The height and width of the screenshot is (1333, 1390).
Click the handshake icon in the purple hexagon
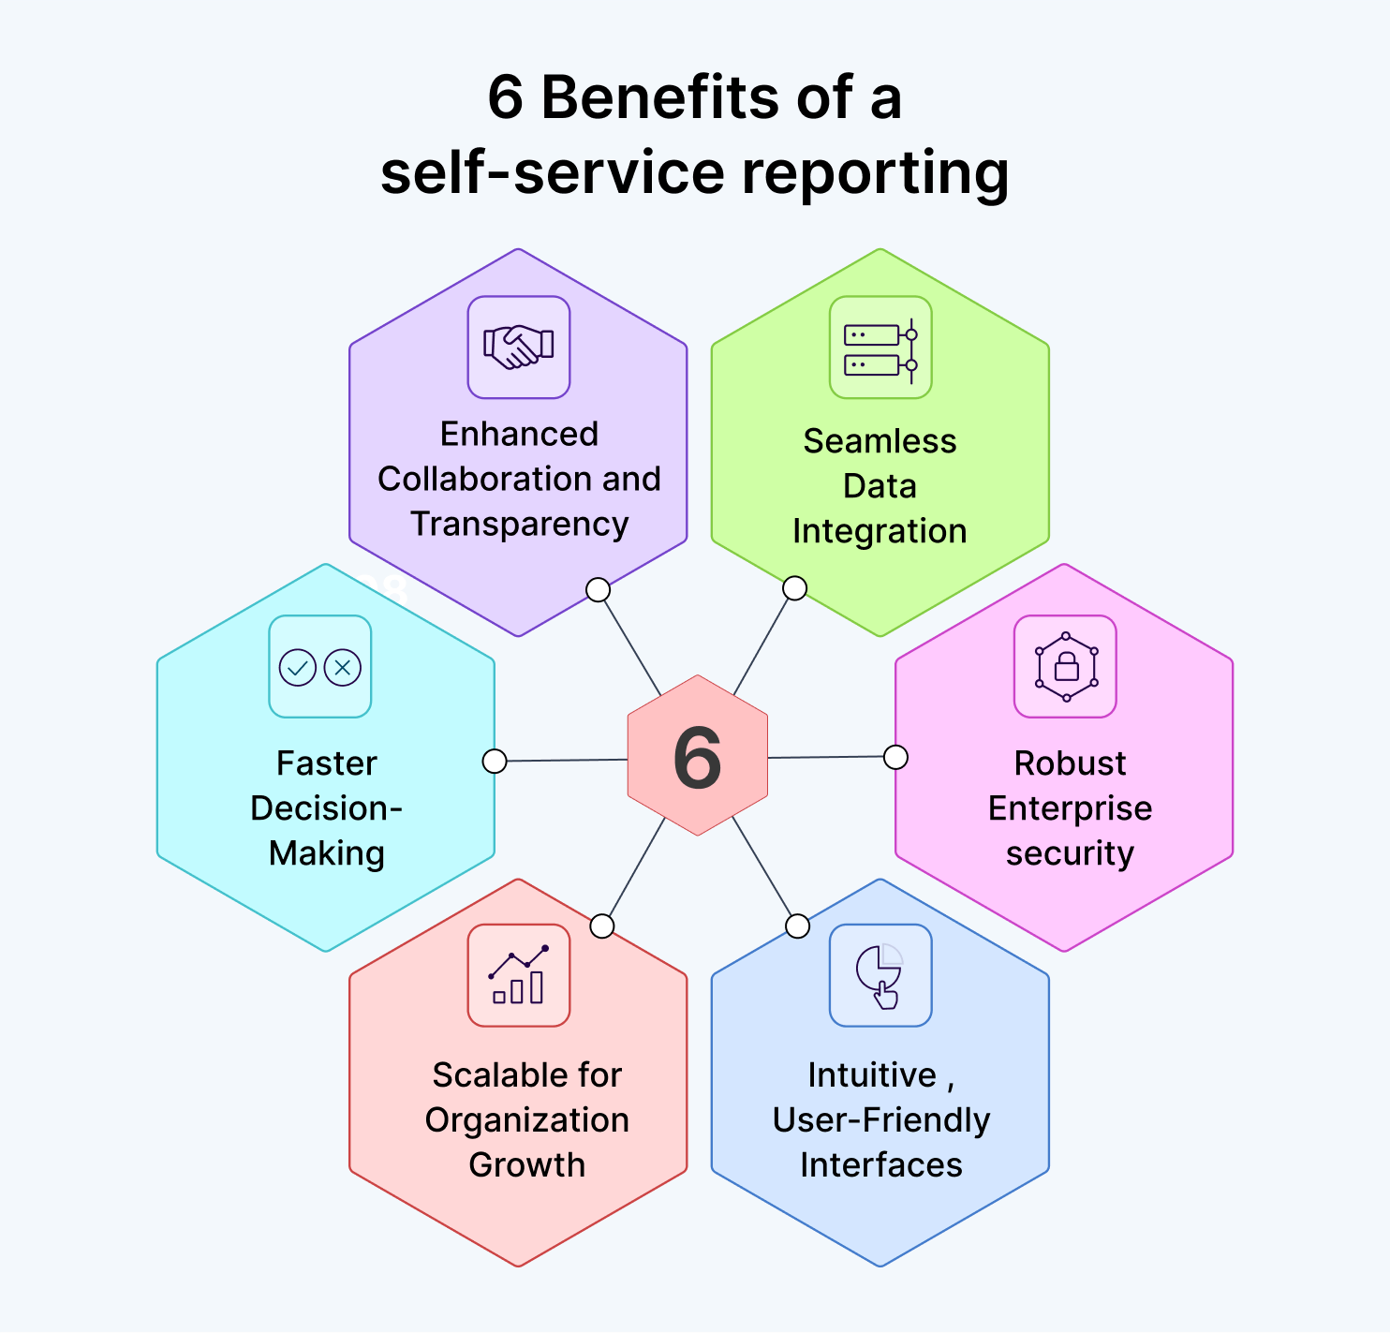[518, 348]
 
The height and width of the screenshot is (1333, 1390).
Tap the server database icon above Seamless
[880, 348]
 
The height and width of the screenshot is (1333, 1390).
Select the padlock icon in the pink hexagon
[1066, 667]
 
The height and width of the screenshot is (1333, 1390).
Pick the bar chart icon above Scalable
[518, 976]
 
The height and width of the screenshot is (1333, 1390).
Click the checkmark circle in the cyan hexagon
[298, 668]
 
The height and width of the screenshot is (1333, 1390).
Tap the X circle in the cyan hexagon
[343, 668]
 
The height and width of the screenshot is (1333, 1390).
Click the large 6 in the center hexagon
[698, 758]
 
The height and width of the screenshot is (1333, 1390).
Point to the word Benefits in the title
[660, 97]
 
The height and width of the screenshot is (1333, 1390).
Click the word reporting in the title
[875, 174]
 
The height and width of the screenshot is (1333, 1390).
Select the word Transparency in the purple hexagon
[519, 525]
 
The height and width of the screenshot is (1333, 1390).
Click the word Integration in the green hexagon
[880, 531]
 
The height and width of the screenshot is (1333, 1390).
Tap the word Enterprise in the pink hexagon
[1070, 808]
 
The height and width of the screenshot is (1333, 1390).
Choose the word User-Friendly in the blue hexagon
[880, 1120]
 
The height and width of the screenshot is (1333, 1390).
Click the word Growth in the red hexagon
[526, 1164]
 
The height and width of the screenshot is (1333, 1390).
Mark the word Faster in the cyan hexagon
[326, 763]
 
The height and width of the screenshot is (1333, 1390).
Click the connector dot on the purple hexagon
[598, 589]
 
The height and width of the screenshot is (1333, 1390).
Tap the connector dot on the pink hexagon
[895, 757]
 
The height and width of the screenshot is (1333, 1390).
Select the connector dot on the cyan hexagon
[495, 761]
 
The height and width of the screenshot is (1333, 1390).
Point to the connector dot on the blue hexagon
[797, 926]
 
